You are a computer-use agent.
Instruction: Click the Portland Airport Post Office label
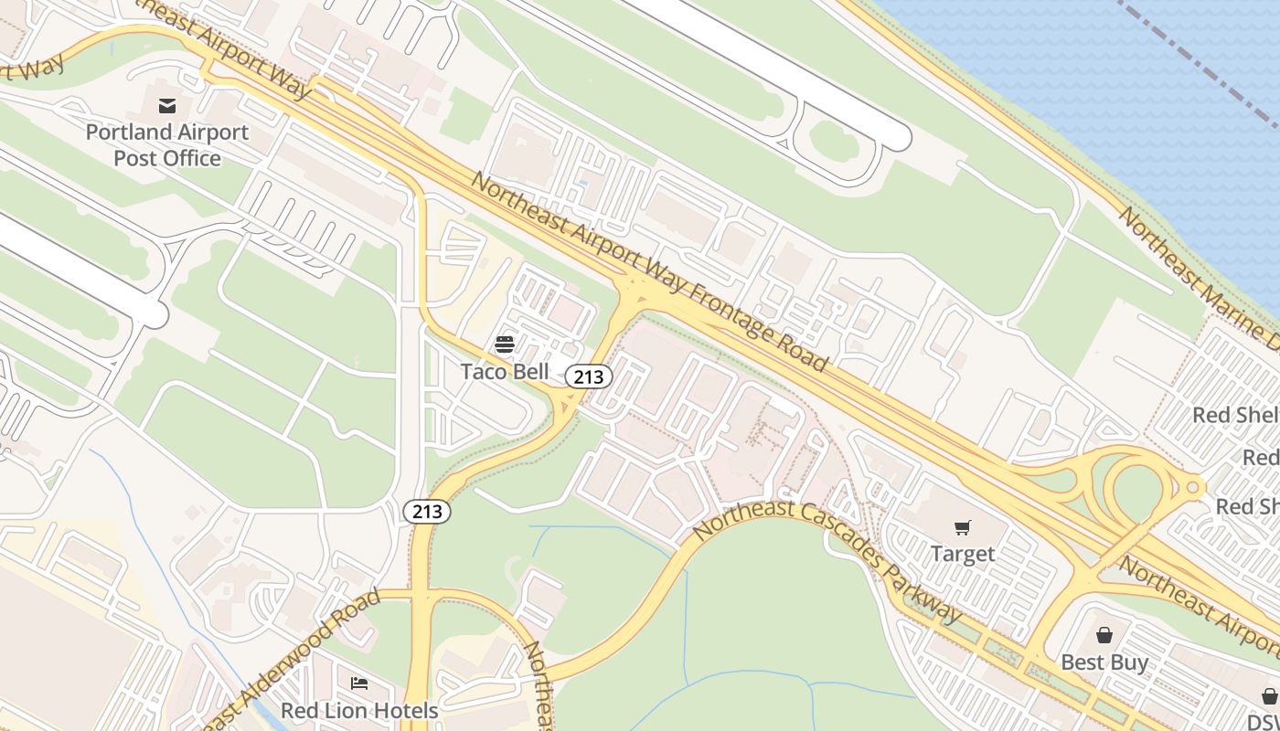click(167, 145)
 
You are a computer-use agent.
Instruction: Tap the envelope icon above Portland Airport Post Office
click(167, 106)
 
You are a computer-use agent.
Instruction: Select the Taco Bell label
click(505, 371)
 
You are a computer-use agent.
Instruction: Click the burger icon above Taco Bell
click(505, 344)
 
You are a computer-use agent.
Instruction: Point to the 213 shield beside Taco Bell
click(588, 376)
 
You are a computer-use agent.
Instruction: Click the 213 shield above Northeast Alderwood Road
click(427, 512)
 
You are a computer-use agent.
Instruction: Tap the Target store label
click(962, 554)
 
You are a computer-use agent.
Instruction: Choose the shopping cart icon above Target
click(962, 527)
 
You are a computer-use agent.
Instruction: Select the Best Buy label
click(1104, 662)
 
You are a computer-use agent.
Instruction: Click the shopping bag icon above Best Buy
click(1104, 635)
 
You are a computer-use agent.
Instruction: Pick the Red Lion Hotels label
click(359, 710)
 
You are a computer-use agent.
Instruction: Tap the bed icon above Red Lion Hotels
click(359, 683)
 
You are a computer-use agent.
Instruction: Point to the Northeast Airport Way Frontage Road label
click(649, 272)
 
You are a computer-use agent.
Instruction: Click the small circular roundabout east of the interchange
click(1192, 487)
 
